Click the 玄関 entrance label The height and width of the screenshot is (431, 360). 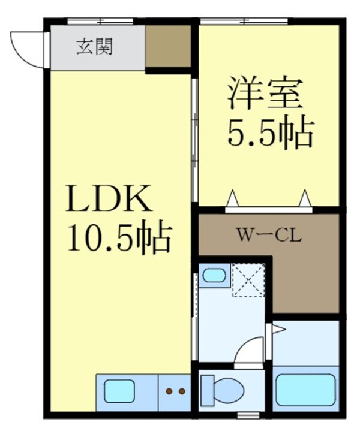pyautogui.click(x=94, y=47)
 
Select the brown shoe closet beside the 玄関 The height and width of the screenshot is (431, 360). pyautogui.click(x=168, y=46)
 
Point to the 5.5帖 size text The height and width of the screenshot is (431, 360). pyautogui.click(x=269, y=134)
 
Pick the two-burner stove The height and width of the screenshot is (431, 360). pyautogui.click(x=175, y=392)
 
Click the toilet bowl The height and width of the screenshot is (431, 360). pyautogui.click(x=225, y=390)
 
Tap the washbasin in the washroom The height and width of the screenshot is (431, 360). pyautogui.click(x=213, y=276)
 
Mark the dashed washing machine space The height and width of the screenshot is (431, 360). pyautogui.click(x=248, y=280)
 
